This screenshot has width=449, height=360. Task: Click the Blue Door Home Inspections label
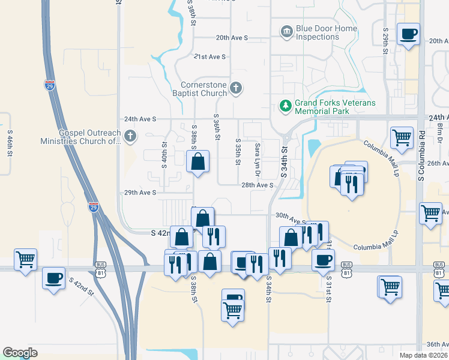[322, 33]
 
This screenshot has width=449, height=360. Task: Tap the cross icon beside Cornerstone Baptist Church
[236, 88]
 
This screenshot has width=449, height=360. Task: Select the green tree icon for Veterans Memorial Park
[286, 106]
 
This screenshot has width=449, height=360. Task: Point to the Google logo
[20, 353]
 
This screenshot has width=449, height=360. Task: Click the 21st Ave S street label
[209, 56]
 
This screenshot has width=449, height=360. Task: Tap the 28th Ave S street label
[257, 185]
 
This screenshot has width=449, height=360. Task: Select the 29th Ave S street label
[140, 193]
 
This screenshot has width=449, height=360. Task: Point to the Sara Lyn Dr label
[257, 154]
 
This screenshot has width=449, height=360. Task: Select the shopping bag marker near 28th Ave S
[197, 161]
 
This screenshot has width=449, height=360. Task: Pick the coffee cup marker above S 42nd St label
[54, 278]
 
